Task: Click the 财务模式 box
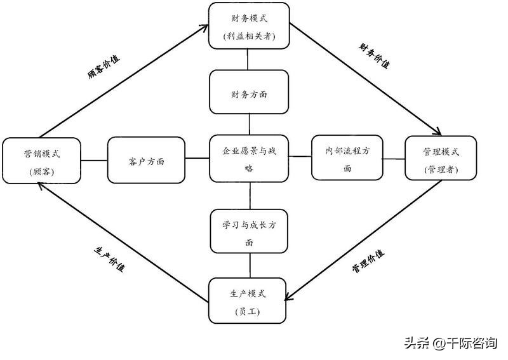coord(249,25)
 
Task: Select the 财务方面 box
coord(249,92)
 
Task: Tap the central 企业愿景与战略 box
coord(249,159)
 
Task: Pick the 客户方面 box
coord(147,159)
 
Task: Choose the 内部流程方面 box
coord(347,159)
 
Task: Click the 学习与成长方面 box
coord(249,233)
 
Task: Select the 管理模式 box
coord(441,159)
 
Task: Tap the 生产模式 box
coord(248,301)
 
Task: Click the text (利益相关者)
coord(248,36)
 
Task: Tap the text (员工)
coord(248,312)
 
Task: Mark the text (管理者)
coord(441,169)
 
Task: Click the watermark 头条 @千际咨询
coord(450,343)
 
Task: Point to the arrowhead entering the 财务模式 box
coord(204,28)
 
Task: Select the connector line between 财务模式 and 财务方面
coord(248,59)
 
